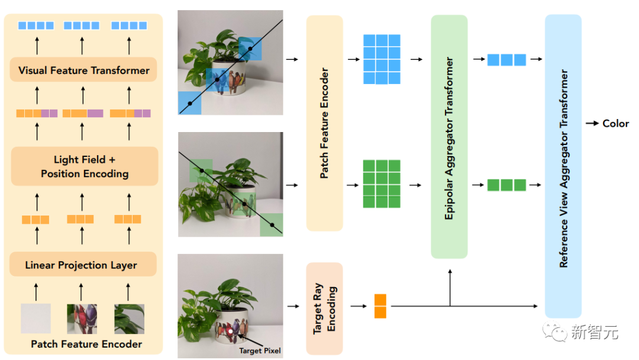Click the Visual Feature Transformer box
[83, 70]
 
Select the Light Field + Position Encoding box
[84, 166]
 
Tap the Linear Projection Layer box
[83, 265]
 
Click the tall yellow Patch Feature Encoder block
[324, 123]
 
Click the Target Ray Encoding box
[324, 308]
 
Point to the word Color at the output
[615, 123]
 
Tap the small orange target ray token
[380, 306]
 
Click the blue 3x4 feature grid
[382, 59]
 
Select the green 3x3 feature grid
[382, 184]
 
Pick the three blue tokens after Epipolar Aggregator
[506, 59]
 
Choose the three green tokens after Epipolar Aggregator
[506, 185]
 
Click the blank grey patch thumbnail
[35, 319]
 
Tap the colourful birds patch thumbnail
[82, 319]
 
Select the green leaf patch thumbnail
[129, 319]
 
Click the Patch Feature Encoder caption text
[86, 344]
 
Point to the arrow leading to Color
[592, 123]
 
